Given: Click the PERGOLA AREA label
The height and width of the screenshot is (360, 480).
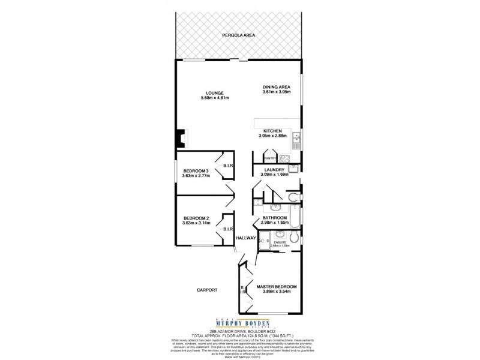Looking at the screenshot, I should [239, 36].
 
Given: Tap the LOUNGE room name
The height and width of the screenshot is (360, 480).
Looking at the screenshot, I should [214, 93].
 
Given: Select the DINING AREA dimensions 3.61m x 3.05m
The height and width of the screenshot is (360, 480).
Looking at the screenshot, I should [276, 92].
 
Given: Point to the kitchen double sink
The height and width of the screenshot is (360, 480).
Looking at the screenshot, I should [296, 142].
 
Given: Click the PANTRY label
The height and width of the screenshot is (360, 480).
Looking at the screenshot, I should [270, 158].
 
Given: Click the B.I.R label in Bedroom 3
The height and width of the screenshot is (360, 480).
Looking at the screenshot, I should [228, 165].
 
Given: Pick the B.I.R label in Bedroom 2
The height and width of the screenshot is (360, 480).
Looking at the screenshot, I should [228, 229].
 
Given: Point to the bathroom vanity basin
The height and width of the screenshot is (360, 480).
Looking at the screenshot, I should [277, 206].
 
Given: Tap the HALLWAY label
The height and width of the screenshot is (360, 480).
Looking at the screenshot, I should [246, 238].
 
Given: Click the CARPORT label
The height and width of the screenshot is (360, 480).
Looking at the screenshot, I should [206, 290].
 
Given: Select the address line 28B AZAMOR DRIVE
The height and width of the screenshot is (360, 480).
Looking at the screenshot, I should [239, 331].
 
